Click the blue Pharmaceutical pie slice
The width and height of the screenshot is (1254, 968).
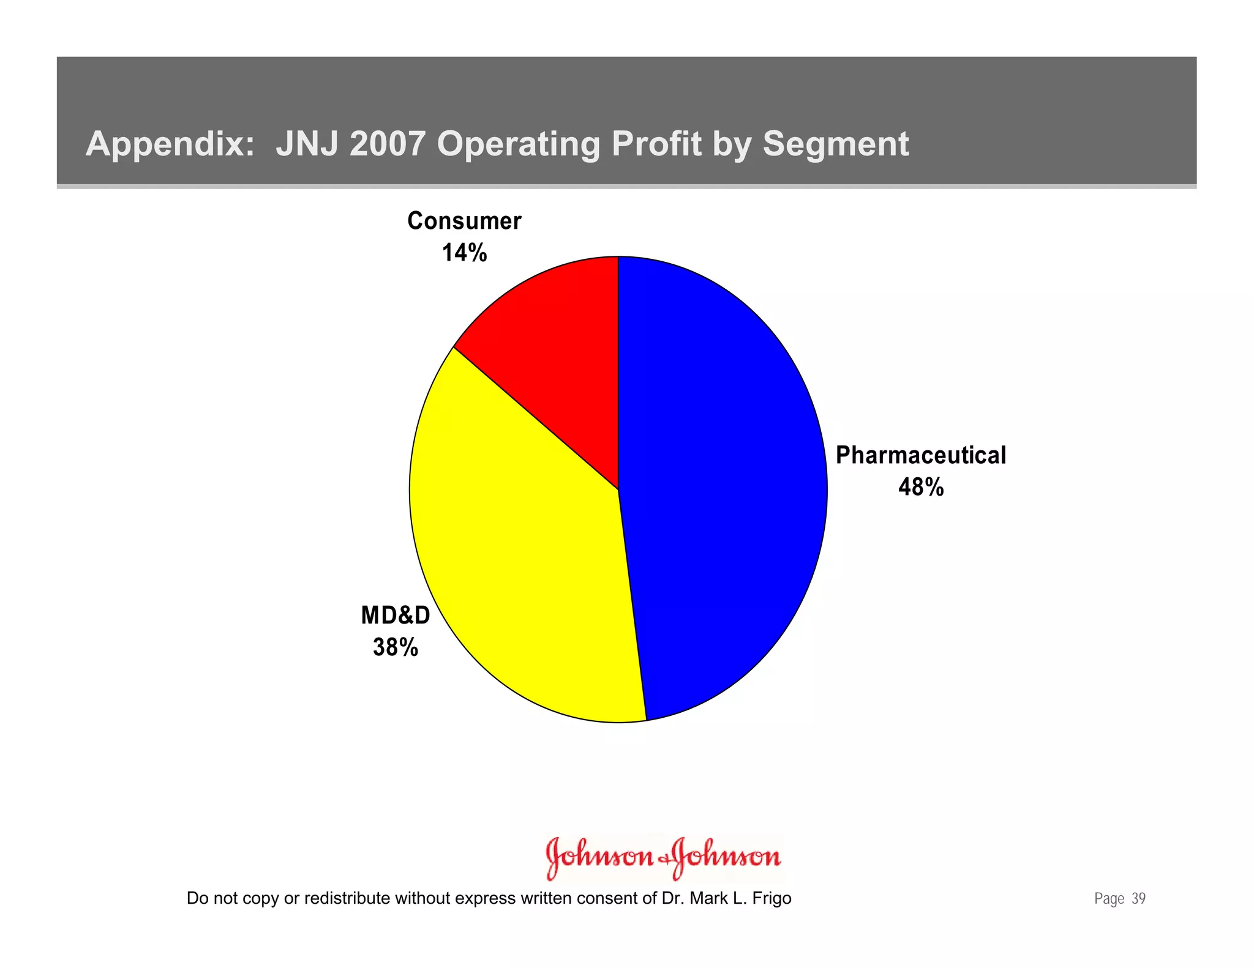pyautogui.click(x=723, y=490)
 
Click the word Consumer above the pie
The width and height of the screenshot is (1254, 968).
pyautogui.click(x=464, y=221)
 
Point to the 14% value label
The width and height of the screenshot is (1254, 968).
pyautogui.click(x=464, y=253)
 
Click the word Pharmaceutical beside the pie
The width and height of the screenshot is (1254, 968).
pyautogui.click(x=920, y=455)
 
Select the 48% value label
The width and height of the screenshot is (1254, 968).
pyautogui.click(x=921, y=487)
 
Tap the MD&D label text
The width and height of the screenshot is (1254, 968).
pyautogui.click(x=396, y=615)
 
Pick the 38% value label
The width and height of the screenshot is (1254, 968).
pyautogui.click(x=396, y=647)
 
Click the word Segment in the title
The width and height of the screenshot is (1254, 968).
pyautogui.click(x=835, y=144)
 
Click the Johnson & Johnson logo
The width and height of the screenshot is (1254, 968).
pyautogui.click(x=663, y=857)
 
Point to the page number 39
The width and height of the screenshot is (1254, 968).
pyautogui.click(x=1138, y=898)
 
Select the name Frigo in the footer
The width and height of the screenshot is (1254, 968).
pyautogui.click(x=772, y=898)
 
